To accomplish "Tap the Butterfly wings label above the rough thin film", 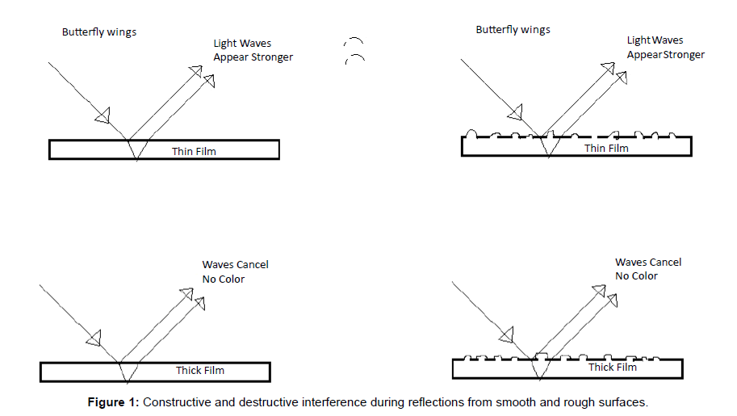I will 513,30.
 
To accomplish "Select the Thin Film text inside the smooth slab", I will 194,151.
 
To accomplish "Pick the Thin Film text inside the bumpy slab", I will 605,148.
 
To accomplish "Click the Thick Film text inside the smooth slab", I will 200,371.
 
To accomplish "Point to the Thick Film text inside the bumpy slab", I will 613,368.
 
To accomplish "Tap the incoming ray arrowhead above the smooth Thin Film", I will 102,118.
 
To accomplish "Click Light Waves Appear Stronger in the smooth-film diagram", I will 253,50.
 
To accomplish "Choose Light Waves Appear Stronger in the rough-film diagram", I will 665,48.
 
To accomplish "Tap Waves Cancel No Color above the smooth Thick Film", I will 235,271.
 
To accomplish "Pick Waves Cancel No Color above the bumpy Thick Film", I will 647,269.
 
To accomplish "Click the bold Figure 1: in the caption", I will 117,401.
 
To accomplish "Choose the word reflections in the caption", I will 441,401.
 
